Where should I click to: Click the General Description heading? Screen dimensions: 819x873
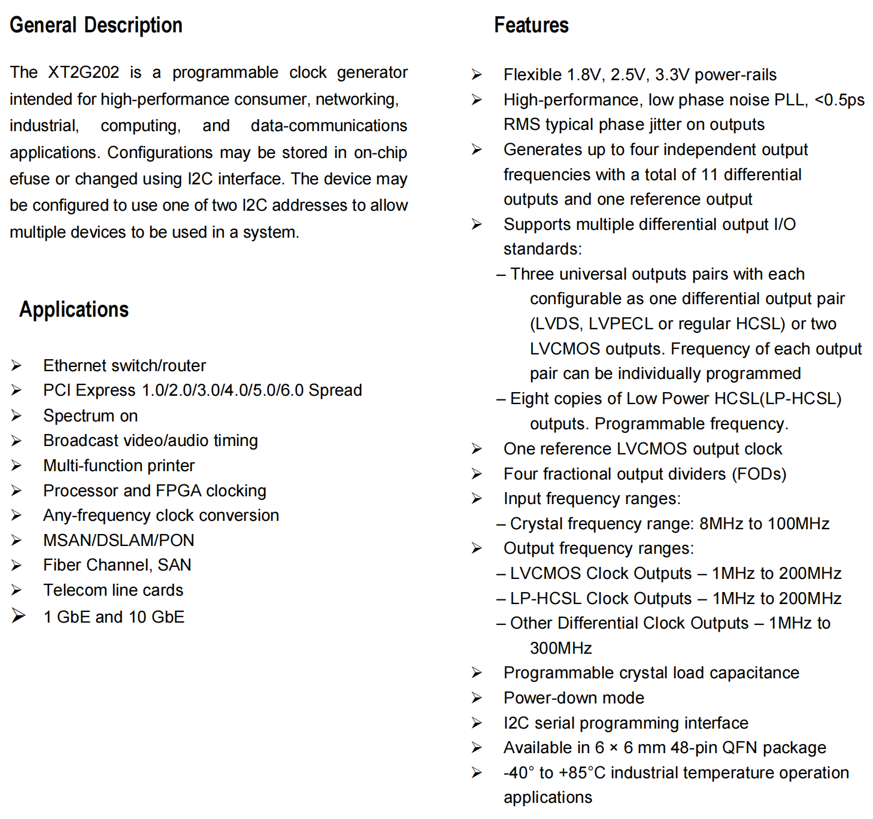pos(96,25)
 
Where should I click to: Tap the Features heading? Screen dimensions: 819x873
pos(531,25)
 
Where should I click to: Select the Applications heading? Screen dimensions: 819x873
pos(74,310)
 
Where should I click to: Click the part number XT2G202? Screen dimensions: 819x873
pos(84,72)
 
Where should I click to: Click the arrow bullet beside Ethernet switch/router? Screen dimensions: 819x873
pos(16,365)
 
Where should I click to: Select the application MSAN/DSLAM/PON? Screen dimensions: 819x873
pos(119,540)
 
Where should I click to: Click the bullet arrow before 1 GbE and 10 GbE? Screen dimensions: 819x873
pos(19,616)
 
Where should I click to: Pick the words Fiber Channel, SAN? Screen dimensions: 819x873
pos(117,565)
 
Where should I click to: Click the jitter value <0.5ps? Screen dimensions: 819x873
pos(839,100)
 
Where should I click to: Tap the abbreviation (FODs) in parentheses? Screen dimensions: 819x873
pos(759,474)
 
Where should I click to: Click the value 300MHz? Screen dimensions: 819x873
pos(560,648)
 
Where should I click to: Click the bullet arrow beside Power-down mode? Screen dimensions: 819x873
pos(477,698)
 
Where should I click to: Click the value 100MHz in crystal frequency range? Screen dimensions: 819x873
pos(798,524)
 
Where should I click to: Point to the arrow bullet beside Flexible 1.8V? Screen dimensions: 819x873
pos(477,75)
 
